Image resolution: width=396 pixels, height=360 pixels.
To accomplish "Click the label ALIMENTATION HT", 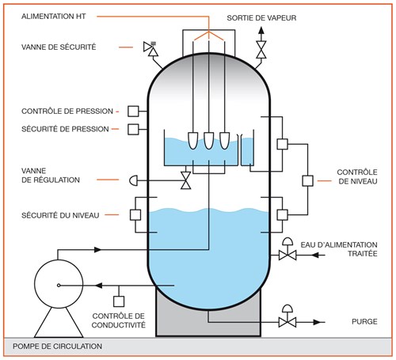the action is pyautogui.click(x=54, y=17).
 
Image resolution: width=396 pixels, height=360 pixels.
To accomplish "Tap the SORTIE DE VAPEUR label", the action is pyautogui.click(x=261, y=18).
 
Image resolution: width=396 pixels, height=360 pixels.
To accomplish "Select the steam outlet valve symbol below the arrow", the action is pyautogui.click(x=261, y=49).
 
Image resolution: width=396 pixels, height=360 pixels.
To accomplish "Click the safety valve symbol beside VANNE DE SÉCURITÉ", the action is pyautogui.click(x=150, y=48).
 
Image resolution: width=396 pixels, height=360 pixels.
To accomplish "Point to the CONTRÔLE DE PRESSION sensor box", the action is pyautogui.click(x=133, y=112).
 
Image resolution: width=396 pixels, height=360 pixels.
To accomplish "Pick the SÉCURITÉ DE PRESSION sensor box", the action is pyautogui.click(x=133, y=130).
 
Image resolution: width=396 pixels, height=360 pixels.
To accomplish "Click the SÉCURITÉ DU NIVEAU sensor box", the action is pyautogui.click(x=135, y=215).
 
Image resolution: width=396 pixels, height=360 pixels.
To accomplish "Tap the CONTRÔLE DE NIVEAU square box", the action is pyautogui.click(x=308, y=181).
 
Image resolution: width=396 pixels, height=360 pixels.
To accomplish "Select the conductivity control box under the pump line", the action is pyautogui.click(x=119, y=301).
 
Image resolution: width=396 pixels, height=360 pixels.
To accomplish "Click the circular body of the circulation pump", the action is pyautogui.click(x=59, y=284).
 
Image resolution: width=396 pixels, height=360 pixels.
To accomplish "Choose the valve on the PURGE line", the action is pyautogui.click(x=287, y=320).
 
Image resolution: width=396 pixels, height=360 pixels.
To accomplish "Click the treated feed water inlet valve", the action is pyautogui.click(x=287, y=252).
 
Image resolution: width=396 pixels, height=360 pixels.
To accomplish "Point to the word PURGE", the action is pyautogui.click(x=364, y=322).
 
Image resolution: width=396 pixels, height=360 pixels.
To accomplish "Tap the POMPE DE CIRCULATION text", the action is pyautogui.click(x=57, y=347).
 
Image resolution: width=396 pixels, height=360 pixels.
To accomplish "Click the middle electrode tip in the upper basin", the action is pyautogui.click(x=209, y=141).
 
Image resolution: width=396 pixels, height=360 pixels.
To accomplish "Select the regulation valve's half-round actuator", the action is pyautogui.click(x=133, y=180).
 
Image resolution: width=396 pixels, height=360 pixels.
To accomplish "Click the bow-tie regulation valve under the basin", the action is pyautogui.click(x=186, y=180).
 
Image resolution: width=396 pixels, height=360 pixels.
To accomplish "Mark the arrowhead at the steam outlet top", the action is pyautogui.click(x=261, y=30).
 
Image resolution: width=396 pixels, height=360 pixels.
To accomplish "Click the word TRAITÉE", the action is pyautogui.click(x=363, y=254).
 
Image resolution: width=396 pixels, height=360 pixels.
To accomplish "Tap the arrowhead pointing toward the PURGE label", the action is pyautogui.click(x=317, y=322).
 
